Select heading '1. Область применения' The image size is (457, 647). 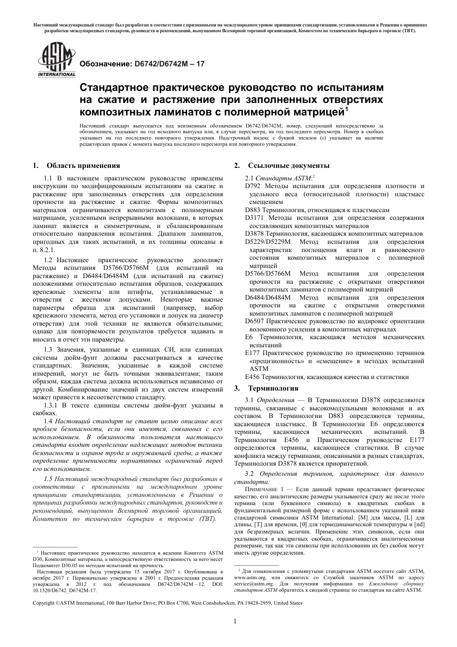click(x=76, y=165)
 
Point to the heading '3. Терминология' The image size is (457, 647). click(x=266, y=388)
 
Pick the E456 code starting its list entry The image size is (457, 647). click(x=253, y=377)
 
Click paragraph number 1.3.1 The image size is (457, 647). click(x=51, y=406)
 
